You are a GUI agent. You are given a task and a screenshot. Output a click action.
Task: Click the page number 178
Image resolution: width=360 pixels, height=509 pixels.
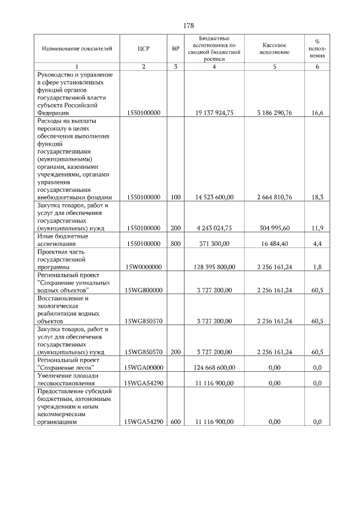188,26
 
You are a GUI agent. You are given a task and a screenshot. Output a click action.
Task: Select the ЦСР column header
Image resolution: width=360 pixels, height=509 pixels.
143,49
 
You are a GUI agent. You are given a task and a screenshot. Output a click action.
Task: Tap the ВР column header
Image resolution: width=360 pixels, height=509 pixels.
175,49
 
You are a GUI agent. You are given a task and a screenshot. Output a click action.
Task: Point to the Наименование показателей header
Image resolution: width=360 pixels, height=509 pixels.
73,49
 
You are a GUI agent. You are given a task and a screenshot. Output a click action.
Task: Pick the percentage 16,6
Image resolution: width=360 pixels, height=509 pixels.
317,112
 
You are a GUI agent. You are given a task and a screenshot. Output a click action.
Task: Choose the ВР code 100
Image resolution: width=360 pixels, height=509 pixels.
175,197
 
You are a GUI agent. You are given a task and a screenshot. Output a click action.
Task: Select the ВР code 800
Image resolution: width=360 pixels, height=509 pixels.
175,244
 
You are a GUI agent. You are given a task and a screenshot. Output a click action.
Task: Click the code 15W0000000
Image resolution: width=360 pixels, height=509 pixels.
143,267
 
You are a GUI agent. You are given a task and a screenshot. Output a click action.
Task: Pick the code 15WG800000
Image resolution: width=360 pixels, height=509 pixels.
143,290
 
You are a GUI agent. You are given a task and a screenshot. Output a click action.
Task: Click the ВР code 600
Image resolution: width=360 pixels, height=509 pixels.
175,421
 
